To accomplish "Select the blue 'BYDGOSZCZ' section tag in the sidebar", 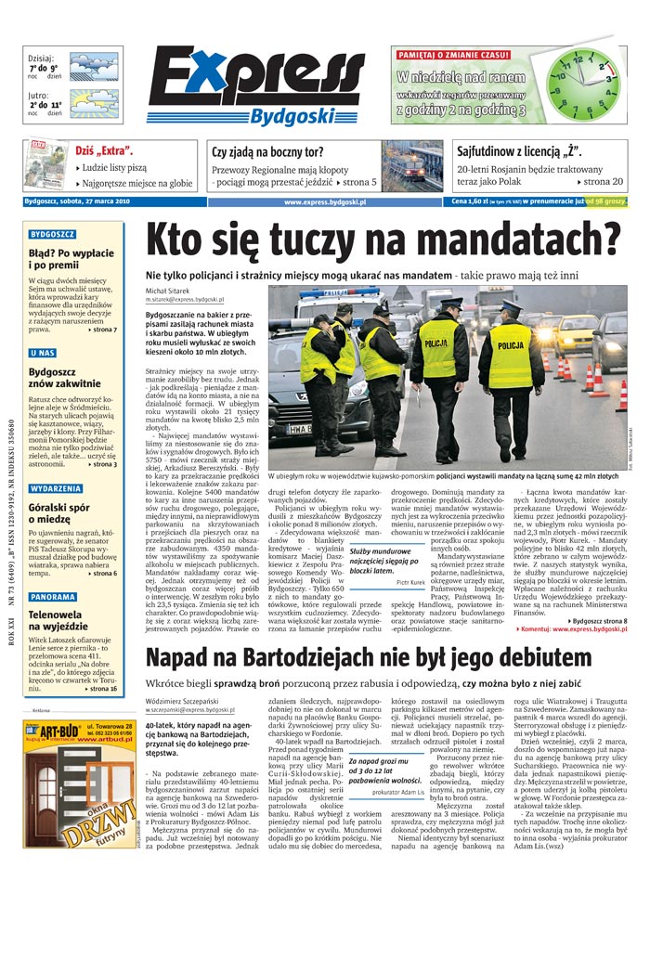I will (x=52, y=235).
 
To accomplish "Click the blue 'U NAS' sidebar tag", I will (x=43, y=353).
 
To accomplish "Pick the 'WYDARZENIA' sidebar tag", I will (x=56, y=487).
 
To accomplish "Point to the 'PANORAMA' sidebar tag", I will (x=53, y=597).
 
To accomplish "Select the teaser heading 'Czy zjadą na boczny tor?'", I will (x=267, y=151).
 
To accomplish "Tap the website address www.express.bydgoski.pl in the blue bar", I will (x=325, y=201).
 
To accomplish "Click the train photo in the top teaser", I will (x=411, y=165).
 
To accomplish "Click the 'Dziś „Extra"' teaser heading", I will (x=103, y=150).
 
